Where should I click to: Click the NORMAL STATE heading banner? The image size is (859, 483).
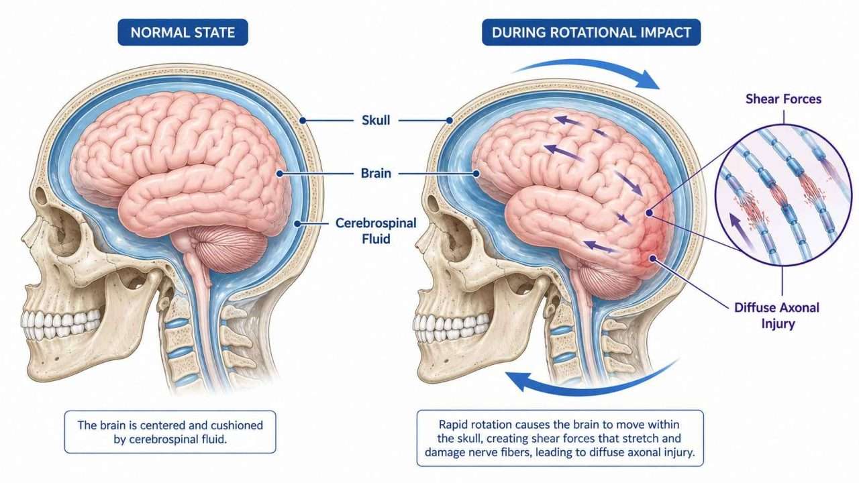(183, 32)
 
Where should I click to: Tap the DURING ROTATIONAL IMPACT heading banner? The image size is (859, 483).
(591, 32)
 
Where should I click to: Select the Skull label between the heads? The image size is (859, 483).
(376, 120)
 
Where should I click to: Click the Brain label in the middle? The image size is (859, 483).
(376, 173)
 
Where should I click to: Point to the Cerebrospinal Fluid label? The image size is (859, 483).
(376, 231)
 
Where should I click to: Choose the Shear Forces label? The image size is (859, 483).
(783, 99)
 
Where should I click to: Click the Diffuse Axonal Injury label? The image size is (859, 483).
(777, 315)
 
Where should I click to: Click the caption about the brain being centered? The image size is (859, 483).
(170, 432)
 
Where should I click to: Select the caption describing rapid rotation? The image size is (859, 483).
(560, 438)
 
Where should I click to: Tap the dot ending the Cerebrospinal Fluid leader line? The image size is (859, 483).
(297, 223)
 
